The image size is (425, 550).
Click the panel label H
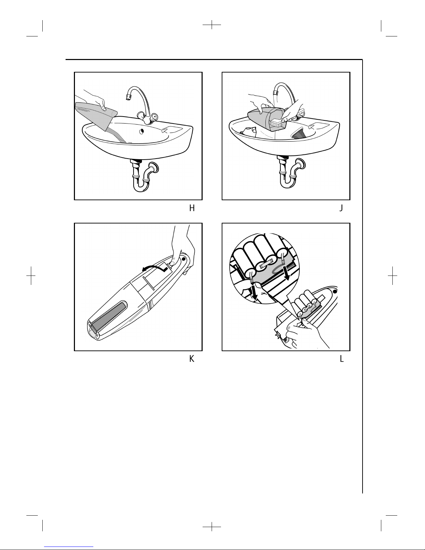(x=192, y=208)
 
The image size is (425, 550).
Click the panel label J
(x=341, y=208)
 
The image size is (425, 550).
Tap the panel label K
(x=192, y=359)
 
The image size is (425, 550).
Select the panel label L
(x=342, y=359)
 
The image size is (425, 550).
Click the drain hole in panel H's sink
(x=142, y=132)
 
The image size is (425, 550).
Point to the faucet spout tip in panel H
(x=128, y=97)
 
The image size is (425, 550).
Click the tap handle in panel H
(x=154, y=117)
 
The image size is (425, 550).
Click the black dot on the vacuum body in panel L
(x=335, y=291)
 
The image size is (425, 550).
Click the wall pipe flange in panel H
(x=154, y=168)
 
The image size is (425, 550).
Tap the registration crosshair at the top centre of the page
(x=212, y=25)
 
